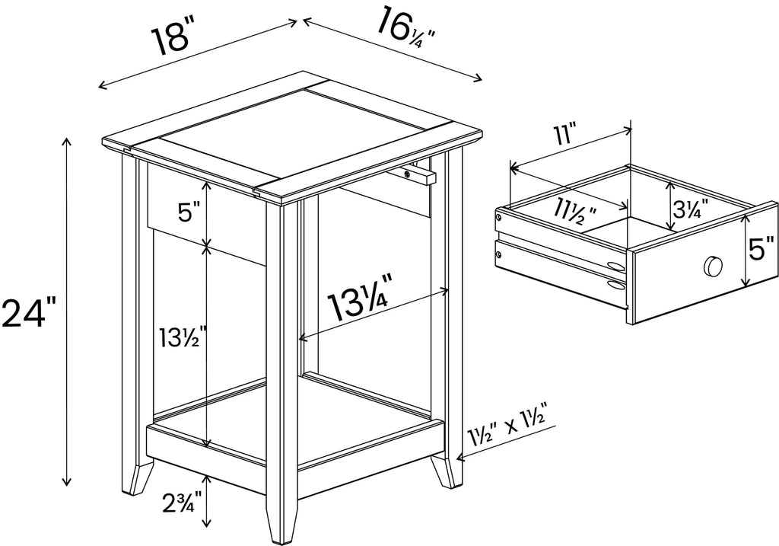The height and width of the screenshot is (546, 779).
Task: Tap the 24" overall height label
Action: pos(29,311)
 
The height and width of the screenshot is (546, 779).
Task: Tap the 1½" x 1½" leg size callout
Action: pos(507,431)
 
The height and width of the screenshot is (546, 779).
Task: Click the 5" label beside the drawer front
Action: pos(761,249)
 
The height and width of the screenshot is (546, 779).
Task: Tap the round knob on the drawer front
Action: pos(712,266)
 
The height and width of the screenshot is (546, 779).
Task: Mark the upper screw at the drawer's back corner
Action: pos(498,218)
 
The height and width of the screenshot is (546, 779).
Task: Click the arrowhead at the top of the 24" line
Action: pos(67,142)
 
